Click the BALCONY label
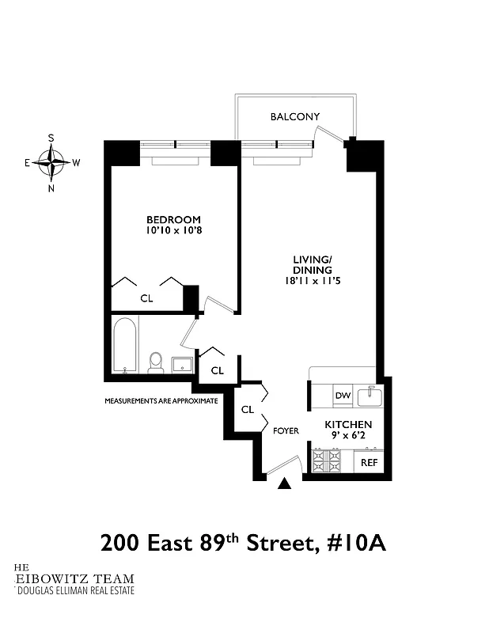pos(294,117)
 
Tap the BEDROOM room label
pos(173,219)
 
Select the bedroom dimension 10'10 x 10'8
pos(173,231)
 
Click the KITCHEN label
pos(348,425)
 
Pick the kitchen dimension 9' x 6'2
pos(348,436)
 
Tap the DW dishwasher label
pos(342,396)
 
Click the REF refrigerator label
pos(370,462)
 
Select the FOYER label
pos(286,431)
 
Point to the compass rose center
pos(51,163)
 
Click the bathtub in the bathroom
pos(124,345)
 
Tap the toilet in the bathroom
pos(156,362)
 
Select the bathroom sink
pos(182,365)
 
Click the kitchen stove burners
pos(326,461)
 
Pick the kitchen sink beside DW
pos(370,395)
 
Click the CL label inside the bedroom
pos(146,298)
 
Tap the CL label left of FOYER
pos(247,410)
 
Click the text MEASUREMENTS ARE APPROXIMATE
pos(161,401)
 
